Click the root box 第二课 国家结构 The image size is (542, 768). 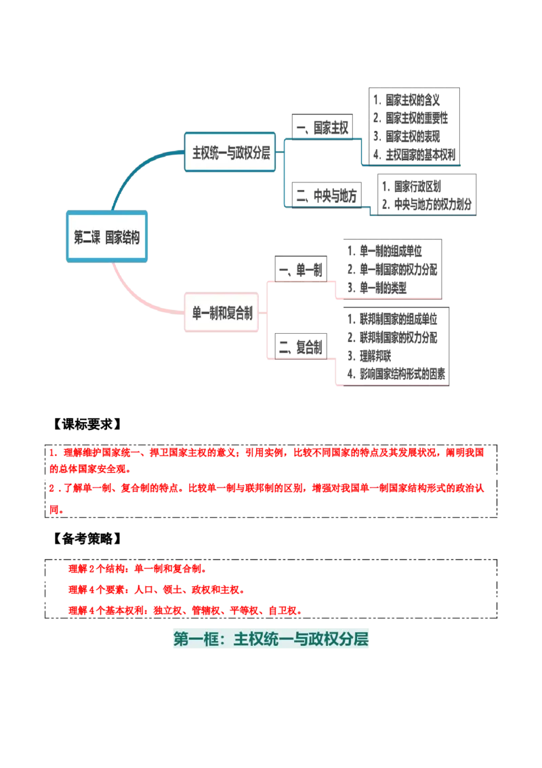pos(107,237)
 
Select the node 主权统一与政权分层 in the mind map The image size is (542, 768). pos(231,153)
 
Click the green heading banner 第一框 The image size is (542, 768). pos(271,639)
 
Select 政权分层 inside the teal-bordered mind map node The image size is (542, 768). pos(253,153)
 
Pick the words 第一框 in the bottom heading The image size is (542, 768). pos(194,639)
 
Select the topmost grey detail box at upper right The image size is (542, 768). pos(414,126)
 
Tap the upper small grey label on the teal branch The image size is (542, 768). pos(321,123)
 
